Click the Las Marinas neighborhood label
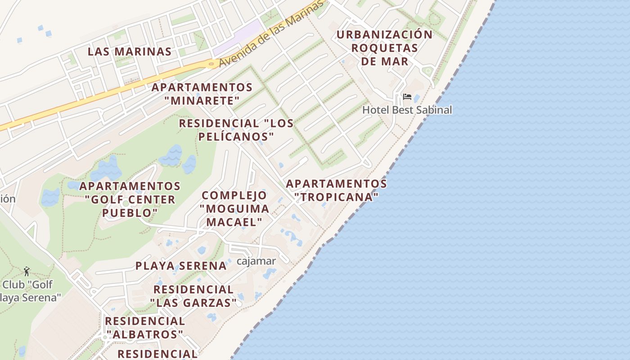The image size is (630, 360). coord(130,51)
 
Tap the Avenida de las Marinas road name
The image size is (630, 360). coord(271,34)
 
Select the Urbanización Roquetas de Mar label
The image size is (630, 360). coord(384,48)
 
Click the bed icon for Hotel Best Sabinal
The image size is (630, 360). coord(407,97)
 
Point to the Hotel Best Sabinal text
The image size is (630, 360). coord(407,110)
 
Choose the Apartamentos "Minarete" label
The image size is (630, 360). coord(202,94)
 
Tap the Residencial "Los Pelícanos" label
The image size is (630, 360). coord(236,130)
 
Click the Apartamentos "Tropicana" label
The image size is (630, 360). coord(336,190)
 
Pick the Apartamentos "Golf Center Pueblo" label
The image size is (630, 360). coord(130,199)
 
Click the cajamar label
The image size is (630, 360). coord(256,261)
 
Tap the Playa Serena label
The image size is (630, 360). coord(181,265)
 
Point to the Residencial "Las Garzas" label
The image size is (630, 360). coord(193,296)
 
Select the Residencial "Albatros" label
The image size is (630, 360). coord(145,328)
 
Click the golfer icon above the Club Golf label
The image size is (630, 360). coord(27,271)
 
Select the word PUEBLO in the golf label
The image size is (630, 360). coord(130,212)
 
